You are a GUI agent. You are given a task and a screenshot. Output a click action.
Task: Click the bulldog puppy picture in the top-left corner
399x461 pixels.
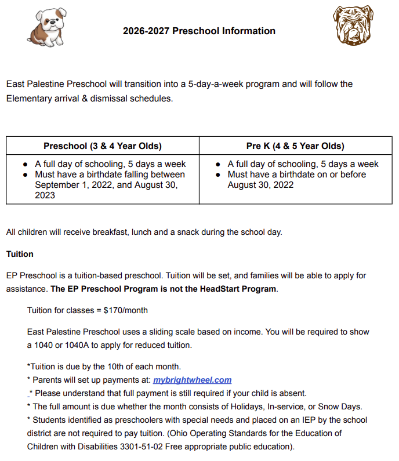(x=48, y=27)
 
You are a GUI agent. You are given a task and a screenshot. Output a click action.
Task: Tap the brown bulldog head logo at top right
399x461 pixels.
(x=352, y=26)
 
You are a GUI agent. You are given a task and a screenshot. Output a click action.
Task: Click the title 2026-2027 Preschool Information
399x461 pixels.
(x=199, y=31)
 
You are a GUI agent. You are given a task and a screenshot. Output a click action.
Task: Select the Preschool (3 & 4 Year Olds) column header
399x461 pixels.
(x=103, y=146)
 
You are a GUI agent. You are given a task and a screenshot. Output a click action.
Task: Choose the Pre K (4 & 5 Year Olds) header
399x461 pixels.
(x=295, y=146)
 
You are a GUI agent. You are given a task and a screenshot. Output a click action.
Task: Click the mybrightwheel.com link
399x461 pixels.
(x=192, y=380)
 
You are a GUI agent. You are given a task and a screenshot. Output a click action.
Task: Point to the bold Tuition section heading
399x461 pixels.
(x=20, y=254)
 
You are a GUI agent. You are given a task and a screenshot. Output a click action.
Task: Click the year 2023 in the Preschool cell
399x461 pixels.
(x=45, y=195)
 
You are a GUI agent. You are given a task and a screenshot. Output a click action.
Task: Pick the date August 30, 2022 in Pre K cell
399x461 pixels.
(x=260, y=185)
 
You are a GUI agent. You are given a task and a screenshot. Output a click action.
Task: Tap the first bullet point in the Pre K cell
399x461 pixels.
(x=217, y=164)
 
